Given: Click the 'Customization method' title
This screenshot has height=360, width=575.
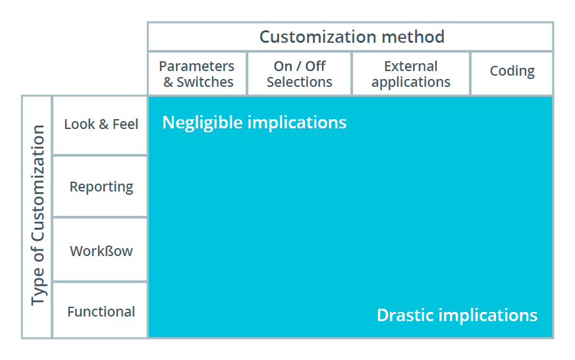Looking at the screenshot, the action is [352, 37].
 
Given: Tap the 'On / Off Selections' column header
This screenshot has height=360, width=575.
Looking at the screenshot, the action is [299, 74].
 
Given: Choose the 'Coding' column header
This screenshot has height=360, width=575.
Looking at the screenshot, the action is [512, 71].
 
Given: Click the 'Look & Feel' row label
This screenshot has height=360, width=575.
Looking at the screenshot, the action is [101, 124].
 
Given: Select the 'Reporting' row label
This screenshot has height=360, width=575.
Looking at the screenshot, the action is [101, 187].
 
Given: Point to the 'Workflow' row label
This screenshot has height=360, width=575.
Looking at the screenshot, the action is [101, 251].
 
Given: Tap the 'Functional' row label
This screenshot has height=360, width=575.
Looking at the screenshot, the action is [101, 311].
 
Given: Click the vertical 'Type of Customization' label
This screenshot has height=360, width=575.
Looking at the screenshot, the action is [38, 215].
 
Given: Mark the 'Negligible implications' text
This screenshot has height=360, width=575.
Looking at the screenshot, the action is [254, 122].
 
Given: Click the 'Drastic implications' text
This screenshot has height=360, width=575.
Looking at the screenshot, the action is [457, 315].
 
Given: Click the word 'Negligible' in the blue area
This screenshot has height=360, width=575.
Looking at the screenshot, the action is [202, 122].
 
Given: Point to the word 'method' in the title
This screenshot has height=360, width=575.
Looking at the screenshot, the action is [413, 37].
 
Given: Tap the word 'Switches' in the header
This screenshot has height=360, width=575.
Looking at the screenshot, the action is [205, 82].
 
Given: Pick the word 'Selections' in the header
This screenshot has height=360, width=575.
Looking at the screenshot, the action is [299, 82].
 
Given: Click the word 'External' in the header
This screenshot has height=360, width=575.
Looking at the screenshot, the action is [411, 66].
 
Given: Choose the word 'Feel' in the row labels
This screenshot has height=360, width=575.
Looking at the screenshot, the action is [125, 124].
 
